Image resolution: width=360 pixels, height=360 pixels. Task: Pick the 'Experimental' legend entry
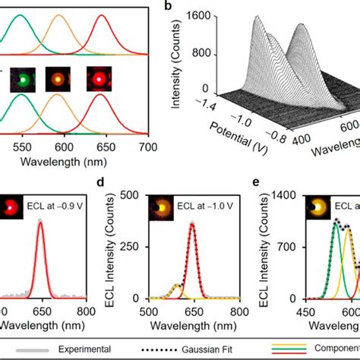(x=90, y=349)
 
